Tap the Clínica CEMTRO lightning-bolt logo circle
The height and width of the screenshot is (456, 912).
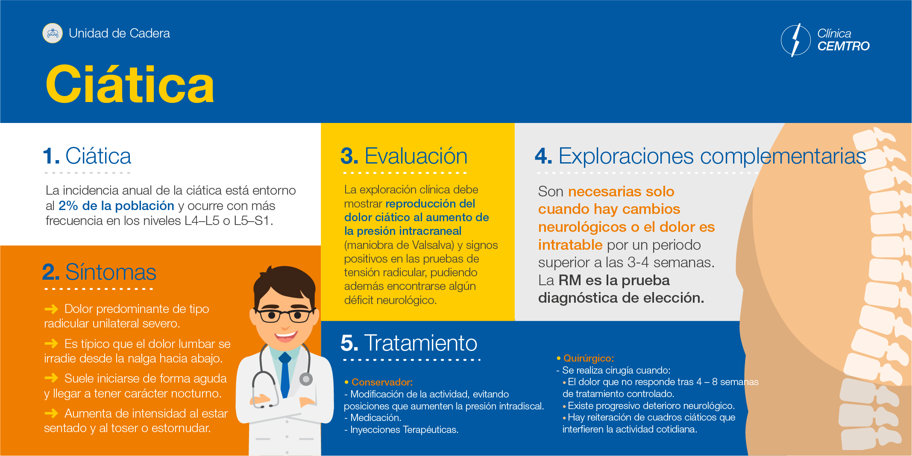tap(795, 40)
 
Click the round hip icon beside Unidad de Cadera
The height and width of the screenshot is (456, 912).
tap(53, 33)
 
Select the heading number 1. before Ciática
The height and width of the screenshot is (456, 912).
tap(51, 156)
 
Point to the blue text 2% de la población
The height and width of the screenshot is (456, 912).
tap(116, 206)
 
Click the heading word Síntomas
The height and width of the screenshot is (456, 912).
tap(111, 272)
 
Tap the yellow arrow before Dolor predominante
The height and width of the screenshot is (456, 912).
tap(51, 309)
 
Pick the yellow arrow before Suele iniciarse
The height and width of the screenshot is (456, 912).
tap(51, 378)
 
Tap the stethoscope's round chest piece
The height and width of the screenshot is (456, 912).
tap(306, 379)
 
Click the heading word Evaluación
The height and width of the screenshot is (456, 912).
tap(416, 156)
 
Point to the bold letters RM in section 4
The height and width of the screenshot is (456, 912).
tap(570, 280)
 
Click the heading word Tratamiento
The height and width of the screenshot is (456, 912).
tap(421, 343)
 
